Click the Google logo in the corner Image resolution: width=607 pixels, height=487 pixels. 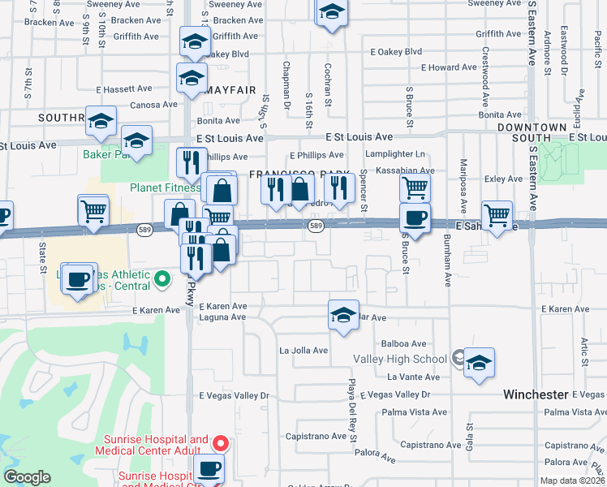click(x=28, y=477)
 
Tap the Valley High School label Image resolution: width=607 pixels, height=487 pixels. click(x=399, y=359)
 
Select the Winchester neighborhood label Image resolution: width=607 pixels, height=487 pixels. click(x=535, y=394)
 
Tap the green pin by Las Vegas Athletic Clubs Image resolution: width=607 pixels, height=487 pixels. click(x=162, y=280)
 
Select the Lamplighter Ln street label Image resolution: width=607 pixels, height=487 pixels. click(x=395, y=154)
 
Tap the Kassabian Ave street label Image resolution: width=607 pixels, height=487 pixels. click(x=403, y=171)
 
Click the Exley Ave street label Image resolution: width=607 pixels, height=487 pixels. click(x=503, y=179)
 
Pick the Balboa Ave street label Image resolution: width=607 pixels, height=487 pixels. click(x=407, y=344)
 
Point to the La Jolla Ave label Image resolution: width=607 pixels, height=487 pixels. click(x=303, y=351)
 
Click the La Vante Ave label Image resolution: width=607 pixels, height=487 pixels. click(x=413, y=377)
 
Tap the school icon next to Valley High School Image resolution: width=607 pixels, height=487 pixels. click(x=479, y=363)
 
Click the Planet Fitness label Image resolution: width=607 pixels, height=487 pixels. click(x=166, y=187)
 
